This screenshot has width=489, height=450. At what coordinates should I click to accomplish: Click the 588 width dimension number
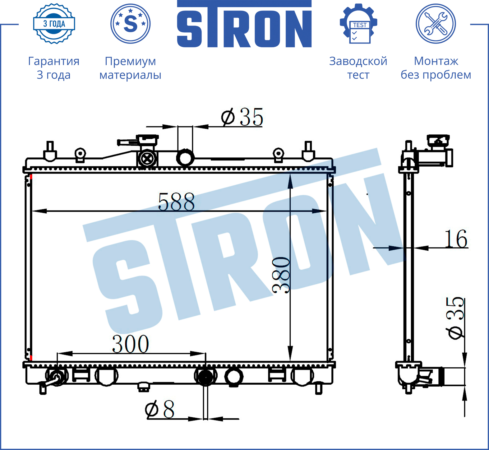(x=176, y=202)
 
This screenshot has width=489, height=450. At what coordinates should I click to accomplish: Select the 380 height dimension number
(x=281, y=275)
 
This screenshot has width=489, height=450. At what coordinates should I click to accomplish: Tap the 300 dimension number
(x=131, y=344)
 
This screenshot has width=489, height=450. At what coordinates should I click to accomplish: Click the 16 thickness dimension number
(x=456, y=239)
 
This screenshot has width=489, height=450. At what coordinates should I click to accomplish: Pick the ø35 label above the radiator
(x=242, y=117)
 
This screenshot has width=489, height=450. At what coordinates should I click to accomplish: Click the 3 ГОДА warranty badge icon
(x=54, y=24)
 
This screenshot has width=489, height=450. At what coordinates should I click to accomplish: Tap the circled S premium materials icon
(x=131, y=24)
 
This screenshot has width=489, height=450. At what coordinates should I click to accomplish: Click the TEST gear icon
(x=358, y=24)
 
